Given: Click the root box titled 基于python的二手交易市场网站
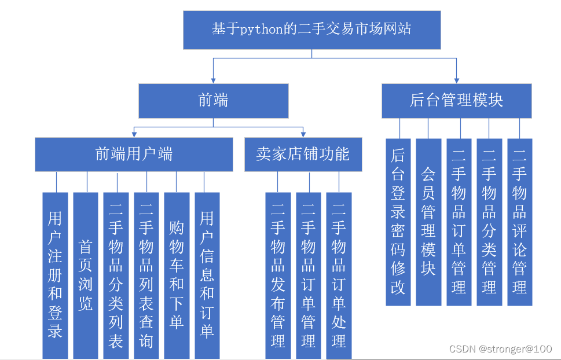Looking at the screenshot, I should point(311,30).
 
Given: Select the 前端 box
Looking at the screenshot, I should point(213,101).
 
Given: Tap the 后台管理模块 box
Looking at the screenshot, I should point(456,101).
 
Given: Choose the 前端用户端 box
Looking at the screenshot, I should point(134,154).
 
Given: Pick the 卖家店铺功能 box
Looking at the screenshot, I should point(303,154).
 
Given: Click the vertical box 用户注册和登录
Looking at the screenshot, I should point(55,275).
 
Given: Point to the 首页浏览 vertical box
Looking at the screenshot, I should point(85,275).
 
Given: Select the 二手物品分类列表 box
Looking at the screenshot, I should point(116,275).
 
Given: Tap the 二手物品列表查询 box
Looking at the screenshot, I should point(146,275).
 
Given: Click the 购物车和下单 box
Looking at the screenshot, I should point(177,275).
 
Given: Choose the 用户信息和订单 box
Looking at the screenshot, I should point(207,275).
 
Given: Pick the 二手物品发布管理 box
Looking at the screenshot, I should point(278,275).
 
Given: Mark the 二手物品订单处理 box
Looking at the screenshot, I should point(339,275).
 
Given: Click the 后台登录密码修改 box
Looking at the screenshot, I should point(398,222).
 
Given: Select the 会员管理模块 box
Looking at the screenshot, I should point(428,222).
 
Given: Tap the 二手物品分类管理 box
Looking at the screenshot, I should point(489,222).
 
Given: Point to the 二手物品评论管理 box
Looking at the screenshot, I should point(519,222).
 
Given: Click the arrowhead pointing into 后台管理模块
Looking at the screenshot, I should point(456,80).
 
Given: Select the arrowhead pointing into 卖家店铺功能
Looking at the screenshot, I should point(303,134).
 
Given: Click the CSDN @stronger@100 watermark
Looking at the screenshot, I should point(500,349).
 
